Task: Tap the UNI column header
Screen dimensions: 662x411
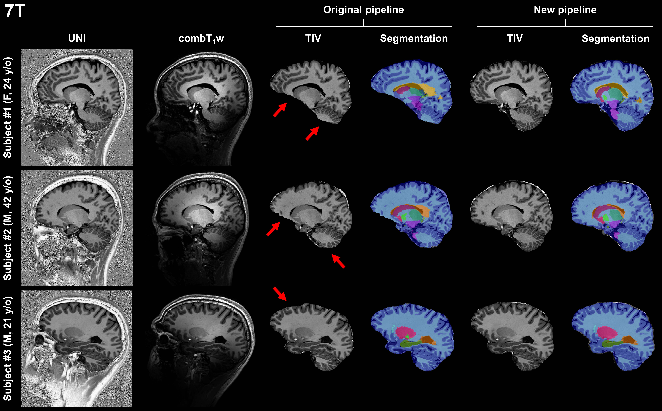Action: (77, 38)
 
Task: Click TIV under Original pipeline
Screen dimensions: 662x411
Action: (313, 38)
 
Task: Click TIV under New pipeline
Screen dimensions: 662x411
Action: (515, 38)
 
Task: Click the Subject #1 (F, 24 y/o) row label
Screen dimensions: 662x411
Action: (8, 107)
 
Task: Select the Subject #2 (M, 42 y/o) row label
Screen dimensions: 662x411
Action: (8, 228)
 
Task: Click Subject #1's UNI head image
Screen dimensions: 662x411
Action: (77, 107)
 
